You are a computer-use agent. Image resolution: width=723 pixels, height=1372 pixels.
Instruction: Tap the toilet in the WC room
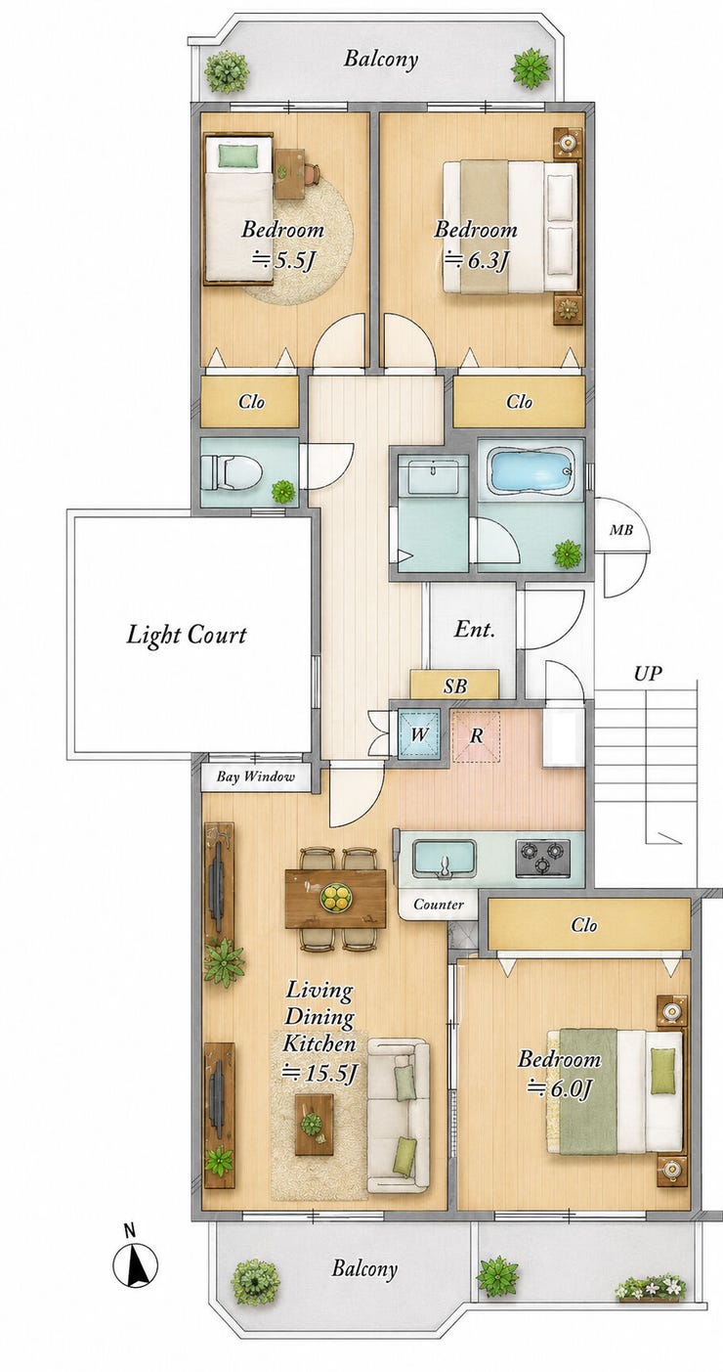(232, 472)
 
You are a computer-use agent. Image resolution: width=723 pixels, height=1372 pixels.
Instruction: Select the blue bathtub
(532, 470)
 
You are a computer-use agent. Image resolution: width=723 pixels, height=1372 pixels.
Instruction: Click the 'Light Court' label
(186, 635)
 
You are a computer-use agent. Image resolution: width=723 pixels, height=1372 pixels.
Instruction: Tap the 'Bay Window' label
(255, 776)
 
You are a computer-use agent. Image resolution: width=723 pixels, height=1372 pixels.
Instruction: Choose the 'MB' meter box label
(620, 530)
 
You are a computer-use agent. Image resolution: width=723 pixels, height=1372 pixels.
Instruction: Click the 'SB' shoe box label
(455, 686)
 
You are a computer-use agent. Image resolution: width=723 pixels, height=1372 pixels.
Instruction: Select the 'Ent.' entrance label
(475, 629)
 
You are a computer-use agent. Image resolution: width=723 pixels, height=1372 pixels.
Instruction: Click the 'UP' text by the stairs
(648, 675)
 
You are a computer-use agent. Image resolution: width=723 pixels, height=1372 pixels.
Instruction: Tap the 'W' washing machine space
(419, 733)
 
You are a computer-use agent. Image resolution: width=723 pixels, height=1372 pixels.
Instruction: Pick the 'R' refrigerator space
(476, 736)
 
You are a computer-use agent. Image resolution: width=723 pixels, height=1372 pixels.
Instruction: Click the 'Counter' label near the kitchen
(439, 904)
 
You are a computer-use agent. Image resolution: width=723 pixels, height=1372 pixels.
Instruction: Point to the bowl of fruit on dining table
(336, 898)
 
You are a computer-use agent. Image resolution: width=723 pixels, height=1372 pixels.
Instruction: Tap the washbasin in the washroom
(433, 474)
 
